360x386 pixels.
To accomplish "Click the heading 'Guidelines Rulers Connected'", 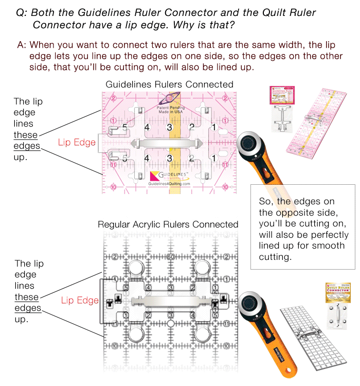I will pyautogui.click(x=169, y=84).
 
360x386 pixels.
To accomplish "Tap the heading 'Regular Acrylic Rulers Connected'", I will pyautogui.click(x=168, y=224).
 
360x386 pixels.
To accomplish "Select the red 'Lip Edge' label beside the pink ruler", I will pyautogui.click(x=78, y=142).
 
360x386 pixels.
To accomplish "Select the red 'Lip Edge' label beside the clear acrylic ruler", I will pyautogui.click(x=80, y=300).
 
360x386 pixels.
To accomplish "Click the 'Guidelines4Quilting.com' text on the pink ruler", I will pyautogui.click(x=169, y=184).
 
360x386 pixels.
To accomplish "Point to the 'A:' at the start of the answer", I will pyautogui.click(x=22, y=45).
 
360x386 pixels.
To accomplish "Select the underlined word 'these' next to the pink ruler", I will pyautogui.click(x=26, y=135).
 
